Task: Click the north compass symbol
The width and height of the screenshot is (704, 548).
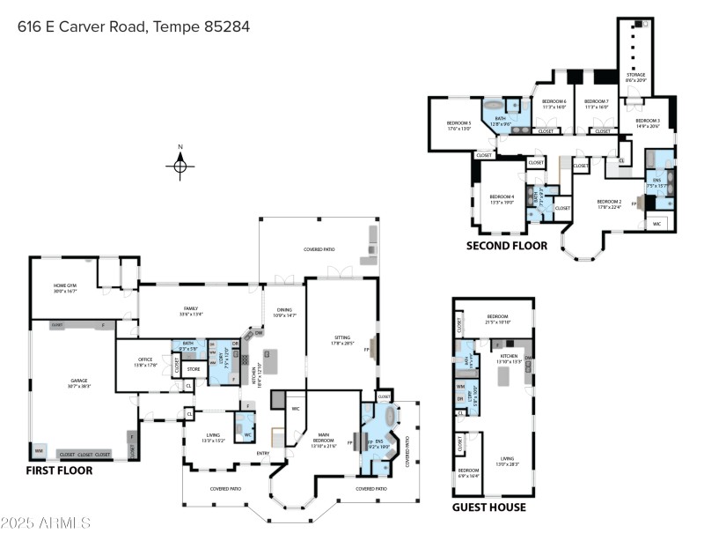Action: (x=180, y=164)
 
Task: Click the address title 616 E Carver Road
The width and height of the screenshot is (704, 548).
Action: (x=134, y=26)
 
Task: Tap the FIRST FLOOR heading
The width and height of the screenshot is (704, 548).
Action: (x=59, y=470)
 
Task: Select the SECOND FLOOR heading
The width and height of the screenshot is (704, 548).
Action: (x=506, y=246)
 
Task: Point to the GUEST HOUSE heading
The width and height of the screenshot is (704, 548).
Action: (x=489, y=507)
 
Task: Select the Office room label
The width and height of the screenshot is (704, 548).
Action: (x=145, y=362)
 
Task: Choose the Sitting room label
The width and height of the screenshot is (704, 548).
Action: (x=342, y=339)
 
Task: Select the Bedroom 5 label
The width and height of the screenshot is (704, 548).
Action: (x=459, y=125)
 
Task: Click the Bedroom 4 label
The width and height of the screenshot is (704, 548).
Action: (x=502, y=199)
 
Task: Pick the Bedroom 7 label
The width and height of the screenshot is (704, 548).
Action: (x=597, y=103)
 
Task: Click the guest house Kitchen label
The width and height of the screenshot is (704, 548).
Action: (x=510, y=358)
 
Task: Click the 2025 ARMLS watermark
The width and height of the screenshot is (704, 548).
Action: (x=46, y=523)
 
